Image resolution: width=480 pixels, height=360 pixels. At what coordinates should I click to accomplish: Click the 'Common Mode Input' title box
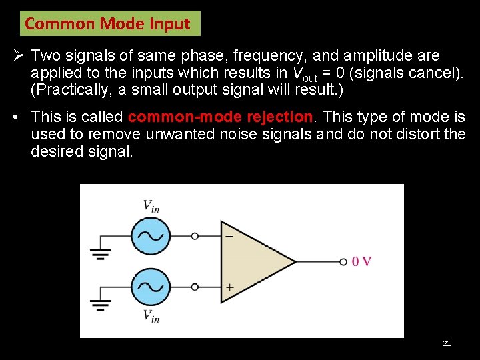click(x=108, y=24)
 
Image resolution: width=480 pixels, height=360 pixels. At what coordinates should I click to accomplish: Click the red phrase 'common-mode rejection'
click(x=220, y=117)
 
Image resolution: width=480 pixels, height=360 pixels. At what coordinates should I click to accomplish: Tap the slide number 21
click(x=447, y=343)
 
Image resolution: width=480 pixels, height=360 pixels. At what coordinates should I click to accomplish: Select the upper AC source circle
click(x=150, y=236)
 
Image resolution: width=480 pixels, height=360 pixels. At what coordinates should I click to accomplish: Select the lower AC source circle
click(x=150, y=287)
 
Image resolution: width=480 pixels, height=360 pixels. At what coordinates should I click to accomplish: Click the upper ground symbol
click(x=100, y=253)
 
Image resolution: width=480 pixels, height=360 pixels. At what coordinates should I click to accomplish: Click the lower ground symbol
click(x=100, y=305)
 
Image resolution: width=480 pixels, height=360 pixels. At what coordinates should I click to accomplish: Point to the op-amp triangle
click(x=253, y=261)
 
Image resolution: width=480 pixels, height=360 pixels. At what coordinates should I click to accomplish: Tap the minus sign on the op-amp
click(x=229, y=236)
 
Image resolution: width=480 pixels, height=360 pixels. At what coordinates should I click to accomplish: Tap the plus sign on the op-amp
click(x=229, y=287)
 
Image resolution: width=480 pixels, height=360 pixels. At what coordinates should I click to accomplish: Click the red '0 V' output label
click(x=361, y=261)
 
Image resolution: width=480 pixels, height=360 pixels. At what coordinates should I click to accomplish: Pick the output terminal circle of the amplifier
click(x=343, y=261)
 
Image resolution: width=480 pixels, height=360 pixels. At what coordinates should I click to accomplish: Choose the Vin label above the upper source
click(x=151, y=206)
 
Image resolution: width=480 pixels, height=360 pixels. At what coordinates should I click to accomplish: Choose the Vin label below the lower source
click(x=151, y=316)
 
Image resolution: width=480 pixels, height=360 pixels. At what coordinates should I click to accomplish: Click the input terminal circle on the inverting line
click(x=194, y=236)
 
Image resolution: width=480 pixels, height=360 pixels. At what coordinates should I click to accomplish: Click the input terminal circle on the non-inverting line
click(x=194, y=287)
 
